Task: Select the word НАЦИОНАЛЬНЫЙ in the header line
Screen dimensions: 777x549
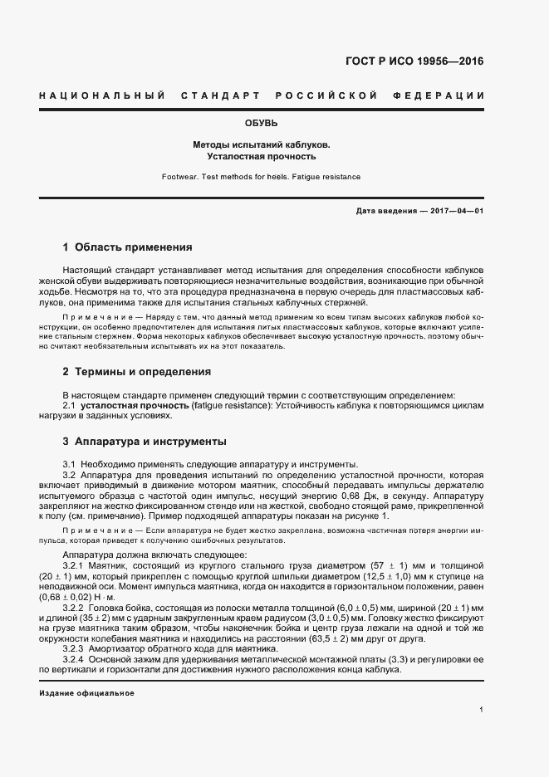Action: tap(101, 96)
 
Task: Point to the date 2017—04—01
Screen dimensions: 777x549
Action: tap(456, 212)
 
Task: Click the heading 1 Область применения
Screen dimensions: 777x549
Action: tap(128, 247)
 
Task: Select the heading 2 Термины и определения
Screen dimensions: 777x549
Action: tap(137, 372)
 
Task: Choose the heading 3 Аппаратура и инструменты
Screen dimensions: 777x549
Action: tap(145, 442)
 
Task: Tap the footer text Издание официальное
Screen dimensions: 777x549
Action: tap(86, 692)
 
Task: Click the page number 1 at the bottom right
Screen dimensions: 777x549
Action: tap(482, 710)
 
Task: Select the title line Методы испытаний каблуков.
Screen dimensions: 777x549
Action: tap(262, 144)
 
